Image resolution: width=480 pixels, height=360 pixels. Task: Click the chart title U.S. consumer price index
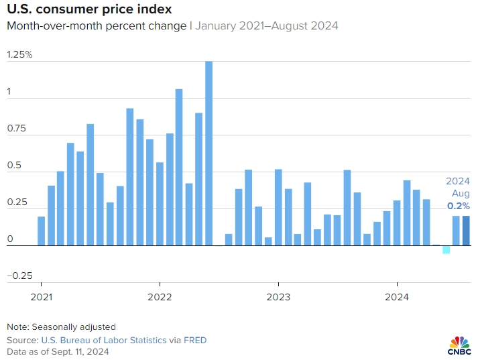(88, 10)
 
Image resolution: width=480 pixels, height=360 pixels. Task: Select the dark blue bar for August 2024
(466, 231)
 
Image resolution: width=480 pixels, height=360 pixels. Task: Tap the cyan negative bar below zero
(446, 250)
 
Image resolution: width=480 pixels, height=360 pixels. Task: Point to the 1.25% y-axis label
(19, 55)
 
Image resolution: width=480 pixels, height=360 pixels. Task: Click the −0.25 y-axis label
(19, 275)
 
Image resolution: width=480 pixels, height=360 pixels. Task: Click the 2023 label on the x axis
(278, 296)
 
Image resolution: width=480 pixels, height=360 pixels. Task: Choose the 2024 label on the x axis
(396, 296)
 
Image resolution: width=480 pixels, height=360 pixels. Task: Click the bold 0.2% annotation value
(459, 206)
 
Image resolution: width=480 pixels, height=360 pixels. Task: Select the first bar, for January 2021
(41, 231)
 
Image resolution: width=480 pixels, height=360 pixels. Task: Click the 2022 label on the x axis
(160, 296)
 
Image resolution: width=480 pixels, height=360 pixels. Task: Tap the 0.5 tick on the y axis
(14, 166)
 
